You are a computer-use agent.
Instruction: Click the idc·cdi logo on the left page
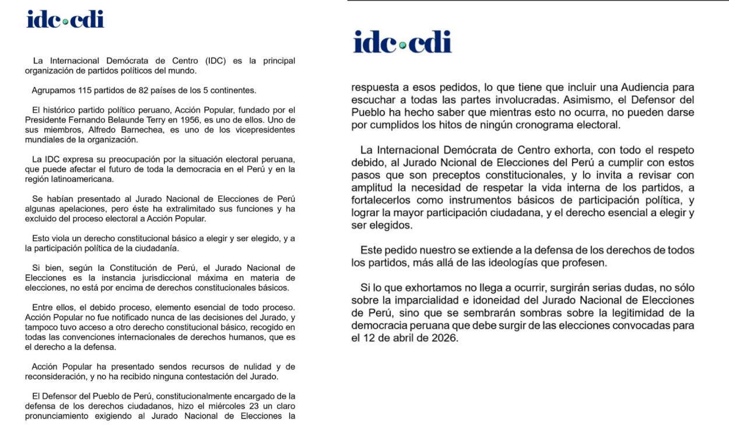pyautogui.click(x=65, y=19)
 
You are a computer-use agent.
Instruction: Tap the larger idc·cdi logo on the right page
pyautogui.click(x=402, y=42)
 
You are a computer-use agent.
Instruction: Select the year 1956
pyautogui.click(x=213, y=120)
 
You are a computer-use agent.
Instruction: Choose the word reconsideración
pyautogui.click(x=59, y=376)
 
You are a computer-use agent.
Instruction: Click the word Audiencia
pyautogui.click(x=629, y=88)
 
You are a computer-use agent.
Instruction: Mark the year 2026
pyautogui.click(x=444, y=337)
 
